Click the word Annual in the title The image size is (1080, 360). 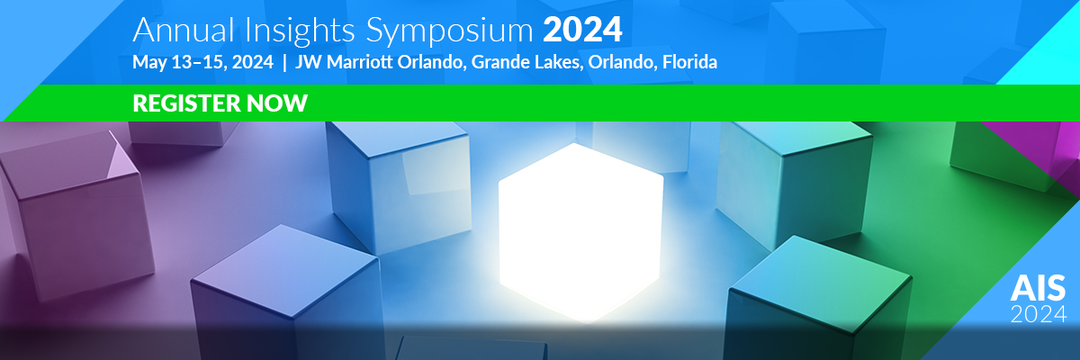[184, 31]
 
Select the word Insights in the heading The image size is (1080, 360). [300, 31]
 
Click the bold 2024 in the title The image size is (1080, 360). [582, 31]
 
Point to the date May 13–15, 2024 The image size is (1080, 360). [203, 62]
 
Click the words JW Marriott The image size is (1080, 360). [344, 62]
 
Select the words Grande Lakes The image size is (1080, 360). [527, 62]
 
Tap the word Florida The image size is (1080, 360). [689, 62]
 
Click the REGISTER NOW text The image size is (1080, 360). [220, 103]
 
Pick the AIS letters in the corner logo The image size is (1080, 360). [1038, 288]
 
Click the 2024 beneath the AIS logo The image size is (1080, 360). [1038, 314]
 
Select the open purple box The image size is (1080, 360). [77, 212]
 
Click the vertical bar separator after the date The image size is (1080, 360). [284, 63]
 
